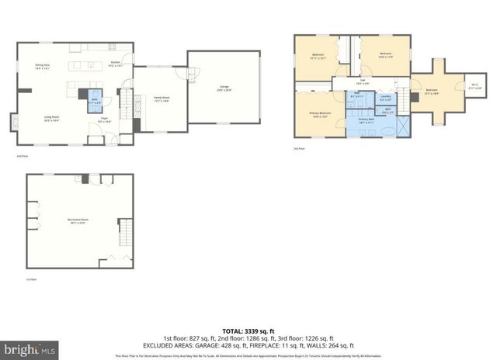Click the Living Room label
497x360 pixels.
[52, 119]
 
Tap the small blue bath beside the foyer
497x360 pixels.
[94, 100]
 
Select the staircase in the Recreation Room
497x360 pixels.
[122, 230]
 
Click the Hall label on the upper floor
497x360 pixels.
[362, 81]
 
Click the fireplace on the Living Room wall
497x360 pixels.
[14, 123]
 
